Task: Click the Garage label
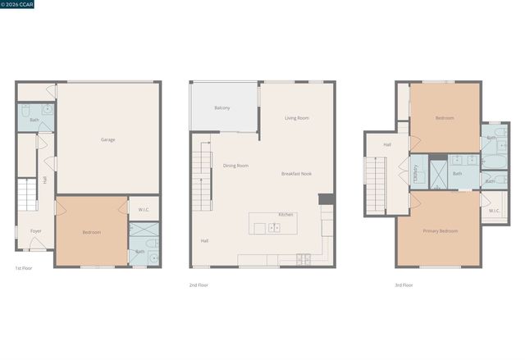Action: [x=107, y=139]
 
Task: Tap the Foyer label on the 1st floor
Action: [x=36, y=231]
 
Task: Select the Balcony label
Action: [x=222, y=107]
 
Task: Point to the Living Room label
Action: [x=297, y=118]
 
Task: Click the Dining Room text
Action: [x=236, y=166]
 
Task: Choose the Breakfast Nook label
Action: [x=296, y=174]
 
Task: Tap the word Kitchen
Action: [x=285, y=215]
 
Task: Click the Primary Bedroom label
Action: [x=441, y=231]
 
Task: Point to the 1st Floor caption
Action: [x=23, y=268]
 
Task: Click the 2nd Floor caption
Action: [x=199, y=285]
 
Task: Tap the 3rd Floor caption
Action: [x=403, y=285]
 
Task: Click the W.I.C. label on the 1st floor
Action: [x=143, y=209]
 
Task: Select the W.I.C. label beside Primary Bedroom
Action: [x=495, y=211]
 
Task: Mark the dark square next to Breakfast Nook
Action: [x=324, y=199]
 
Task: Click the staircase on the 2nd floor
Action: [x=202, y=176]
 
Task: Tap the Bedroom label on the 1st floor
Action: [x=91, y=232]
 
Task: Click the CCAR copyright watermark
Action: [x=16, y=4]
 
